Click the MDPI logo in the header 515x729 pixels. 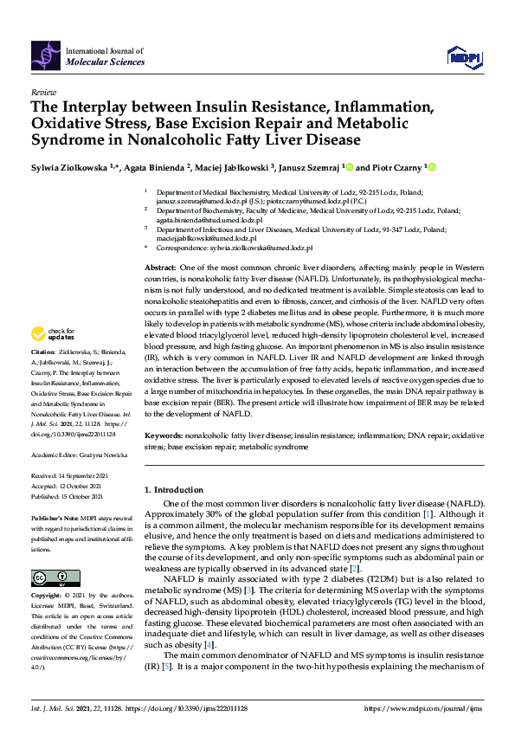coord(464,57)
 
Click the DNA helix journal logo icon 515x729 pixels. coord(46,57)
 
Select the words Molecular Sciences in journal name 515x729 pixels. coord(99,63)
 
